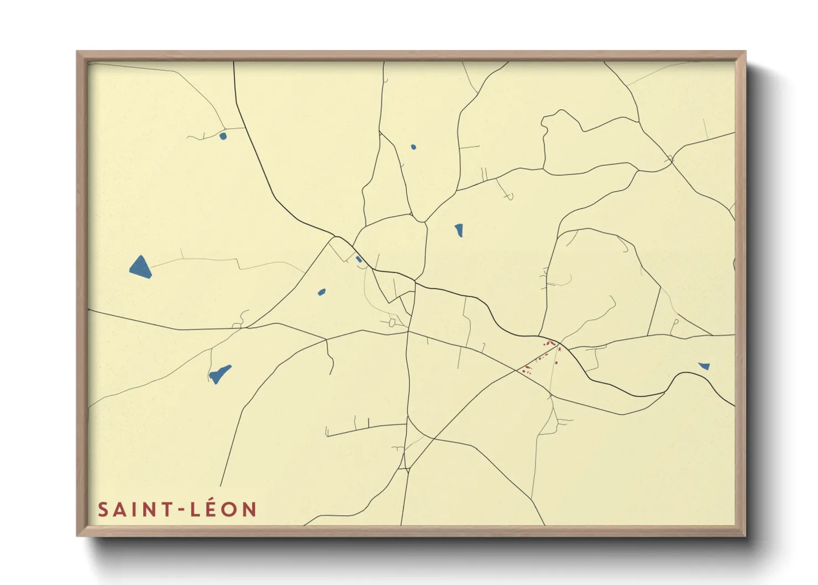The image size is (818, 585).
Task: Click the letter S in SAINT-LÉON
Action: tap(103, 509)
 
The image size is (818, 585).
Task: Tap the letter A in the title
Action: tap(119, 509)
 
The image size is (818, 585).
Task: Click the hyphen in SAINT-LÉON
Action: tap(180, 510)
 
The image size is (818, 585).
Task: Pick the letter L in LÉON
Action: tap(195, 509)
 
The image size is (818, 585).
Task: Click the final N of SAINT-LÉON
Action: tap(250, 509)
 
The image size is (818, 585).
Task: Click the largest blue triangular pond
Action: tap(141, 267)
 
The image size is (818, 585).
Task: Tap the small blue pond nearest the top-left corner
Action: tap(223, 135)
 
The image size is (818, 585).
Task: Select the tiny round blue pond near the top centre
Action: tap(413, 147)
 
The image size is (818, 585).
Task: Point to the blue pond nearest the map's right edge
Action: tap(704, 365)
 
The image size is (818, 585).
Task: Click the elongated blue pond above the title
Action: tap(219, 374)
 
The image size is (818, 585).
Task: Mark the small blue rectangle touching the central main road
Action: tap(359, 259)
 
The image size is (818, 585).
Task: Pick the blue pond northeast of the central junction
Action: tap(459, 230)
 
